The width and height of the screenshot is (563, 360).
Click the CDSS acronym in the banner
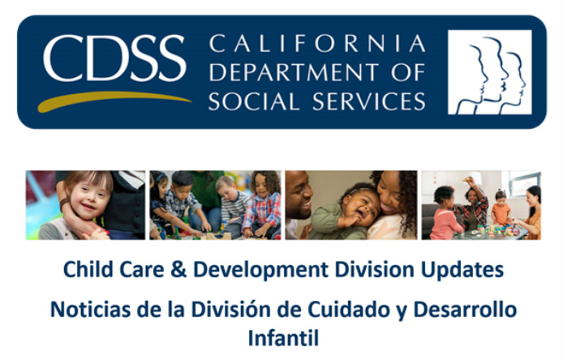114,58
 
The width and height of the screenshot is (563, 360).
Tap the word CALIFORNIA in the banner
317,44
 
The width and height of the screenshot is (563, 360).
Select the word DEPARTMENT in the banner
294,72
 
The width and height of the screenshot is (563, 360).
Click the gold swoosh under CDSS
114,101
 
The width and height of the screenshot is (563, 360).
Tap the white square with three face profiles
490,72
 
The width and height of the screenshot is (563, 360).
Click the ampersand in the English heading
178,269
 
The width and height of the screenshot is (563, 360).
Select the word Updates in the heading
462,270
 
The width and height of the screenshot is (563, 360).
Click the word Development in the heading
260,270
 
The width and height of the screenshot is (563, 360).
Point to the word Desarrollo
465,310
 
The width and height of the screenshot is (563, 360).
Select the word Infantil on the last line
283,338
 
